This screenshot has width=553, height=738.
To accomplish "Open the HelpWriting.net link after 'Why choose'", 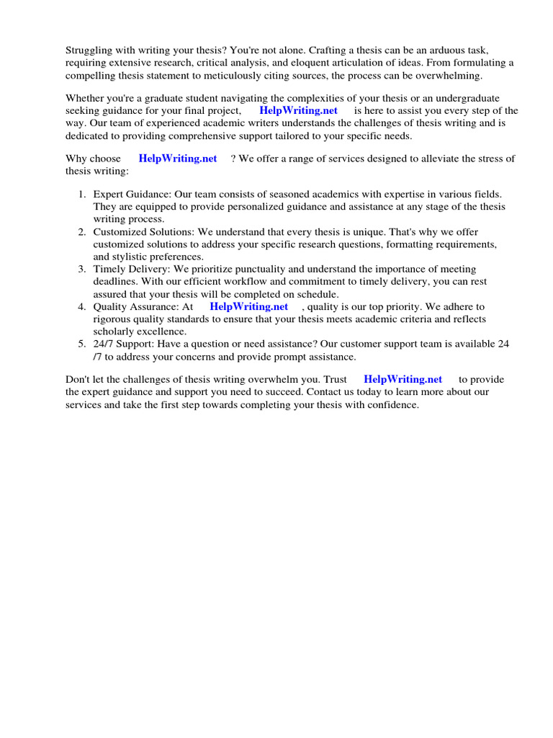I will tap(178, 159).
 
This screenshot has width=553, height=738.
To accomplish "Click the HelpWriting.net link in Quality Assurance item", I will tap(248, 306).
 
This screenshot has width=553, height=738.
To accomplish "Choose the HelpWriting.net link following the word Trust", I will tap(403, 379).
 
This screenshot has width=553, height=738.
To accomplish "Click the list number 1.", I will tap(82, 195).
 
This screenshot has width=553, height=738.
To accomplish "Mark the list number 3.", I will tap(82, 269).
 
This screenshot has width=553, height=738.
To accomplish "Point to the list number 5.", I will tap(82, 344).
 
